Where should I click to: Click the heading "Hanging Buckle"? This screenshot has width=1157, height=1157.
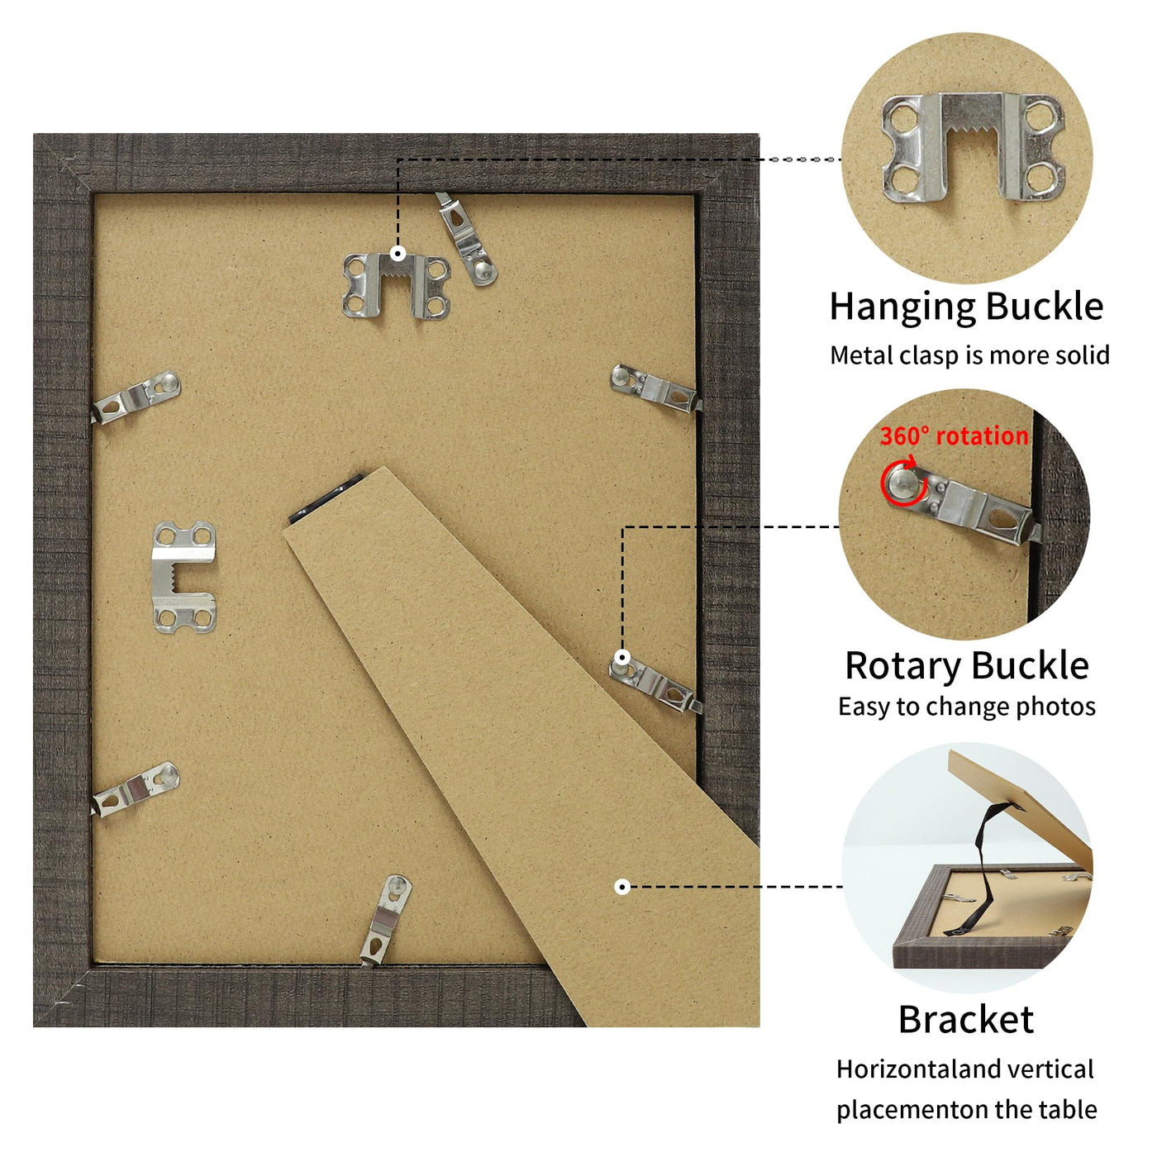tap(966, 307)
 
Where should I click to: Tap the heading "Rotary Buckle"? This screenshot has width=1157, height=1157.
tap(967, 666)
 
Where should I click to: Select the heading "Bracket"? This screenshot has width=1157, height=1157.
tap(966, 1020)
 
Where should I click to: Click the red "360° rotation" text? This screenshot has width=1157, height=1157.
tap(954, 436)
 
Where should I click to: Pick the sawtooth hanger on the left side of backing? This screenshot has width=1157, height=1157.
tap(183, 577)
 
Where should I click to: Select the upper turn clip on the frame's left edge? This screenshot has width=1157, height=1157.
tap(136, 397)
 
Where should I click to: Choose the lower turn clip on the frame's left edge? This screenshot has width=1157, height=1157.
tap(135, 789)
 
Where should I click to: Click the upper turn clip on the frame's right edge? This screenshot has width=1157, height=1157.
tap(655, 388)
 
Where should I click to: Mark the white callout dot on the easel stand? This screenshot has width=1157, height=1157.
tap(622, 887)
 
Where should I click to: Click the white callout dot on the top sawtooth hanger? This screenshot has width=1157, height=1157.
tap(398, 254)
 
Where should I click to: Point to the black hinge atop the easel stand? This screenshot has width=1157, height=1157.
tap(326, 498)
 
